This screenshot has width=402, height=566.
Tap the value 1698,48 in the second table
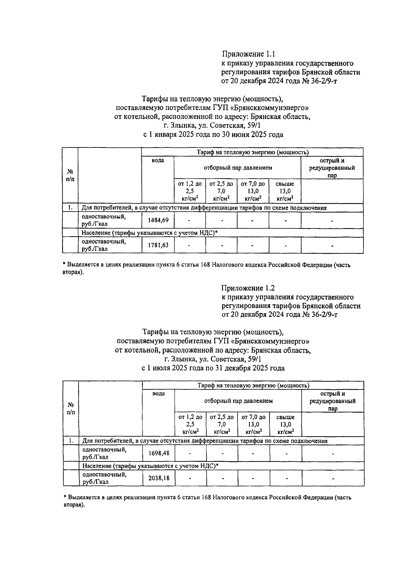(159, 453)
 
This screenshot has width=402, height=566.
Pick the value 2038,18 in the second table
(159, 478)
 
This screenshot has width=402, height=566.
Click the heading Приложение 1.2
(248, 288)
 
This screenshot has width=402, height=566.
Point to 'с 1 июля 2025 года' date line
(213, 368)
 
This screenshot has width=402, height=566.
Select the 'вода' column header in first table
(158, 161)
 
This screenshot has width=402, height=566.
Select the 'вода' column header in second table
(158, 393)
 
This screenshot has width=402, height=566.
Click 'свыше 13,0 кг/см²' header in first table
(285, 191)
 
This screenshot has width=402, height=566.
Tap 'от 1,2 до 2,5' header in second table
(190, 424)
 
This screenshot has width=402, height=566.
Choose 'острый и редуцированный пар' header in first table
(332, 168)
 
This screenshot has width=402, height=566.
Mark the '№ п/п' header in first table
(70, 175)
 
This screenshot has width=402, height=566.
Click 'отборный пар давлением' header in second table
(239, 401)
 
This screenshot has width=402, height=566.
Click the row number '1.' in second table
(71, 441)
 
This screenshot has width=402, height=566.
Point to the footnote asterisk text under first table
(206, 268)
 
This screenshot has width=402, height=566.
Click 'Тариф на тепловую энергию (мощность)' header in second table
(253, 385)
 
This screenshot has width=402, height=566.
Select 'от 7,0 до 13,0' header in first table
(253, 191)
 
